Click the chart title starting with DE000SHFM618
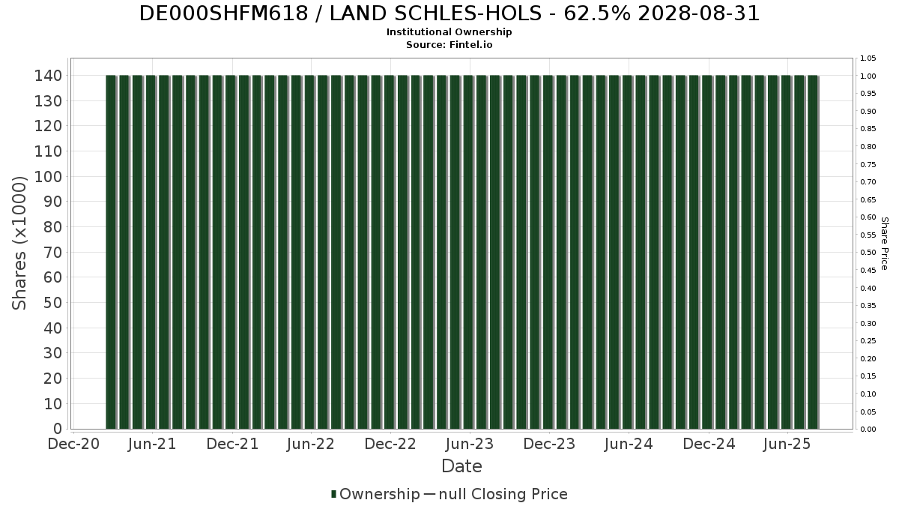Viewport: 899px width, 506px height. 449,13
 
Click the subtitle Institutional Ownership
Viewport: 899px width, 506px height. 449,32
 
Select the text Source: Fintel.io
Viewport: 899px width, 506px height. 449,45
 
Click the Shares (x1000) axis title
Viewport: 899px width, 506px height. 19,243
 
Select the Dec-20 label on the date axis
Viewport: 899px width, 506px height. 73,445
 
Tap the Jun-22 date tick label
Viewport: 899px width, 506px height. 311,445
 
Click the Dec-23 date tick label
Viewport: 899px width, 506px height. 549,445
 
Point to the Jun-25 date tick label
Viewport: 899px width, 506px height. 787,445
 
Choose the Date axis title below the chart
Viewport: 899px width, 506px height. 461,466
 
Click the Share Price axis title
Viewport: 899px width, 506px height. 884,243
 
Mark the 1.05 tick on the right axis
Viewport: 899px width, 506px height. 868,58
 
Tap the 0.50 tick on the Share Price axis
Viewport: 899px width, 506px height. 868,253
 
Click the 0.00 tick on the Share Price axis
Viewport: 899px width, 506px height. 868,430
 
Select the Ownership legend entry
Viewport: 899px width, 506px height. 375,494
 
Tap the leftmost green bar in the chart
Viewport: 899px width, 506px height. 111,252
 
